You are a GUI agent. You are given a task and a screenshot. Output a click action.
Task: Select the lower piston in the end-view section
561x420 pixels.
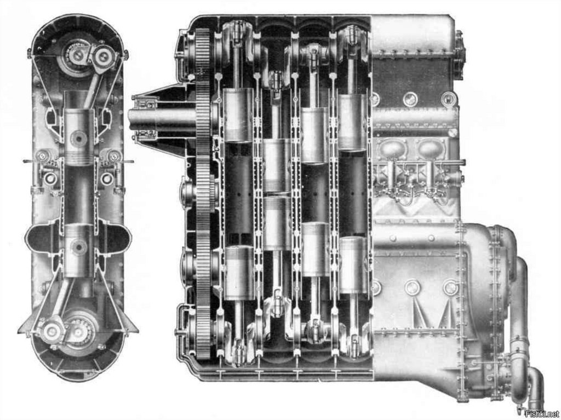[x=79, y=250]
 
